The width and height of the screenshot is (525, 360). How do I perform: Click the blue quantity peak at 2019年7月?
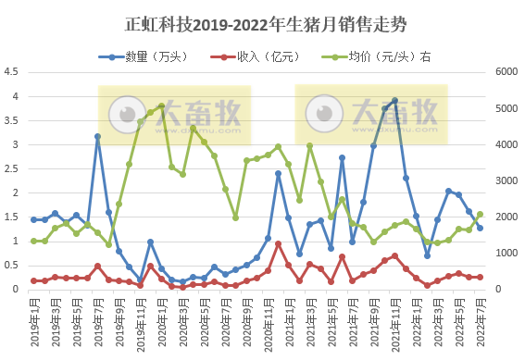97,136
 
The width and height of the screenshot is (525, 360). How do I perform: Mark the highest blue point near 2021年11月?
395,100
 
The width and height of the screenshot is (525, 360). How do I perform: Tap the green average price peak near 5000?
161,106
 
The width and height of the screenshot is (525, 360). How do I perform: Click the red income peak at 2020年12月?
278,243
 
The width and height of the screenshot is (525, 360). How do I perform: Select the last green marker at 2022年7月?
480,214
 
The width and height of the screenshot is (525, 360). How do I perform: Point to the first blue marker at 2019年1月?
33,219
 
